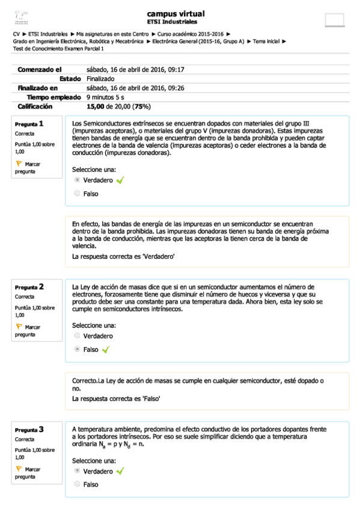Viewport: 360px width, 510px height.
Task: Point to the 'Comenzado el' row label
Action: [x=40, y=70]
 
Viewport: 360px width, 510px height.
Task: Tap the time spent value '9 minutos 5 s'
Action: [x=105, y=97]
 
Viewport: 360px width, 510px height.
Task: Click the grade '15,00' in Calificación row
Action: [x=95, y=106]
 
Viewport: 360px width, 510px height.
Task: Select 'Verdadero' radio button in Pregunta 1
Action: [x=77, y=180]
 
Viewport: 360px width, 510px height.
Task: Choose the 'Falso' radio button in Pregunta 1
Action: [x=77, y=194]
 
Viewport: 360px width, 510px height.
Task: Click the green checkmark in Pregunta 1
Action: [x=120, y=180]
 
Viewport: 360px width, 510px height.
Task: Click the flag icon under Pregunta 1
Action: [x=19, y=164]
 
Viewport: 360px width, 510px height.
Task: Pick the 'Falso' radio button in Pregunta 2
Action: [x=77, y=349]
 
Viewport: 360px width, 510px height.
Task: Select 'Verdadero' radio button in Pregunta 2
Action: [x=77, y=336]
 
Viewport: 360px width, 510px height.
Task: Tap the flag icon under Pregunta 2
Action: [x=19, y=327]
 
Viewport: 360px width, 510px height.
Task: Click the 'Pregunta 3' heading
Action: [x=29, y=429]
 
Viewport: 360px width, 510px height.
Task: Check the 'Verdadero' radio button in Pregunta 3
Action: [x=77, y=471]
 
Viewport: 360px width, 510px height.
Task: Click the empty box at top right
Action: [x=334, y=19]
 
